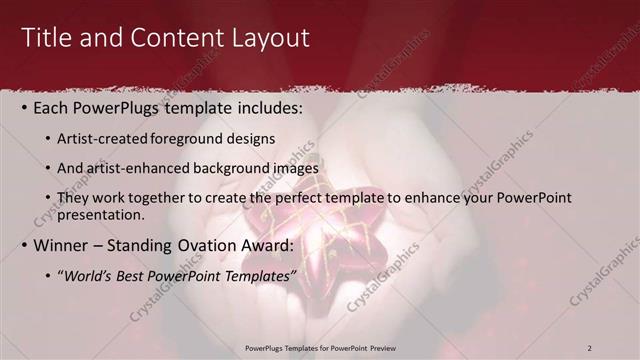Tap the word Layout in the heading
269,38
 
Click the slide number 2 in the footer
590,348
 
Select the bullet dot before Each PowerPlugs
25,107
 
